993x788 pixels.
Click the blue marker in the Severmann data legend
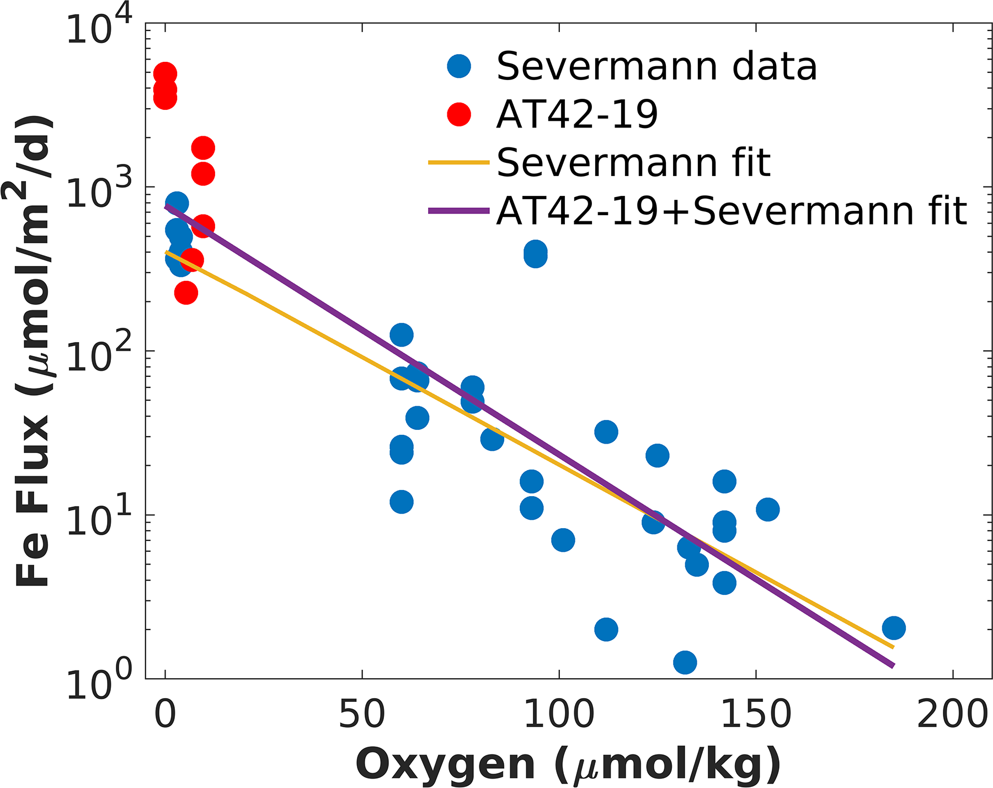click(459, 66)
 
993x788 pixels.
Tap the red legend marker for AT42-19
click(459, 115)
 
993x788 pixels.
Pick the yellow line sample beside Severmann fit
click(459, 163)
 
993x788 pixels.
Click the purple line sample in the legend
click(459, 211)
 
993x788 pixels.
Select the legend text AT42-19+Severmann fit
click(732, 211)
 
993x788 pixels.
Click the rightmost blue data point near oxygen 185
click(893, 627)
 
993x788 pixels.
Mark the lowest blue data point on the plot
click(685, 662)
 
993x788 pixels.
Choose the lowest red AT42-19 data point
click(186, 292)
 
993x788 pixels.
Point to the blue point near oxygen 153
click(767, 509)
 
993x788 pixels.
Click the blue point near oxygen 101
click(563, 540)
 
